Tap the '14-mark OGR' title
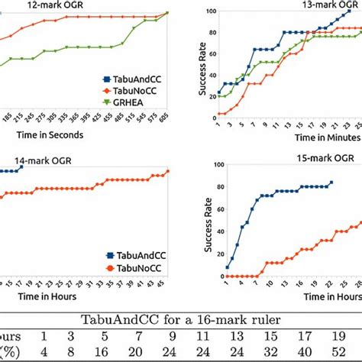pos(45,160)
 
